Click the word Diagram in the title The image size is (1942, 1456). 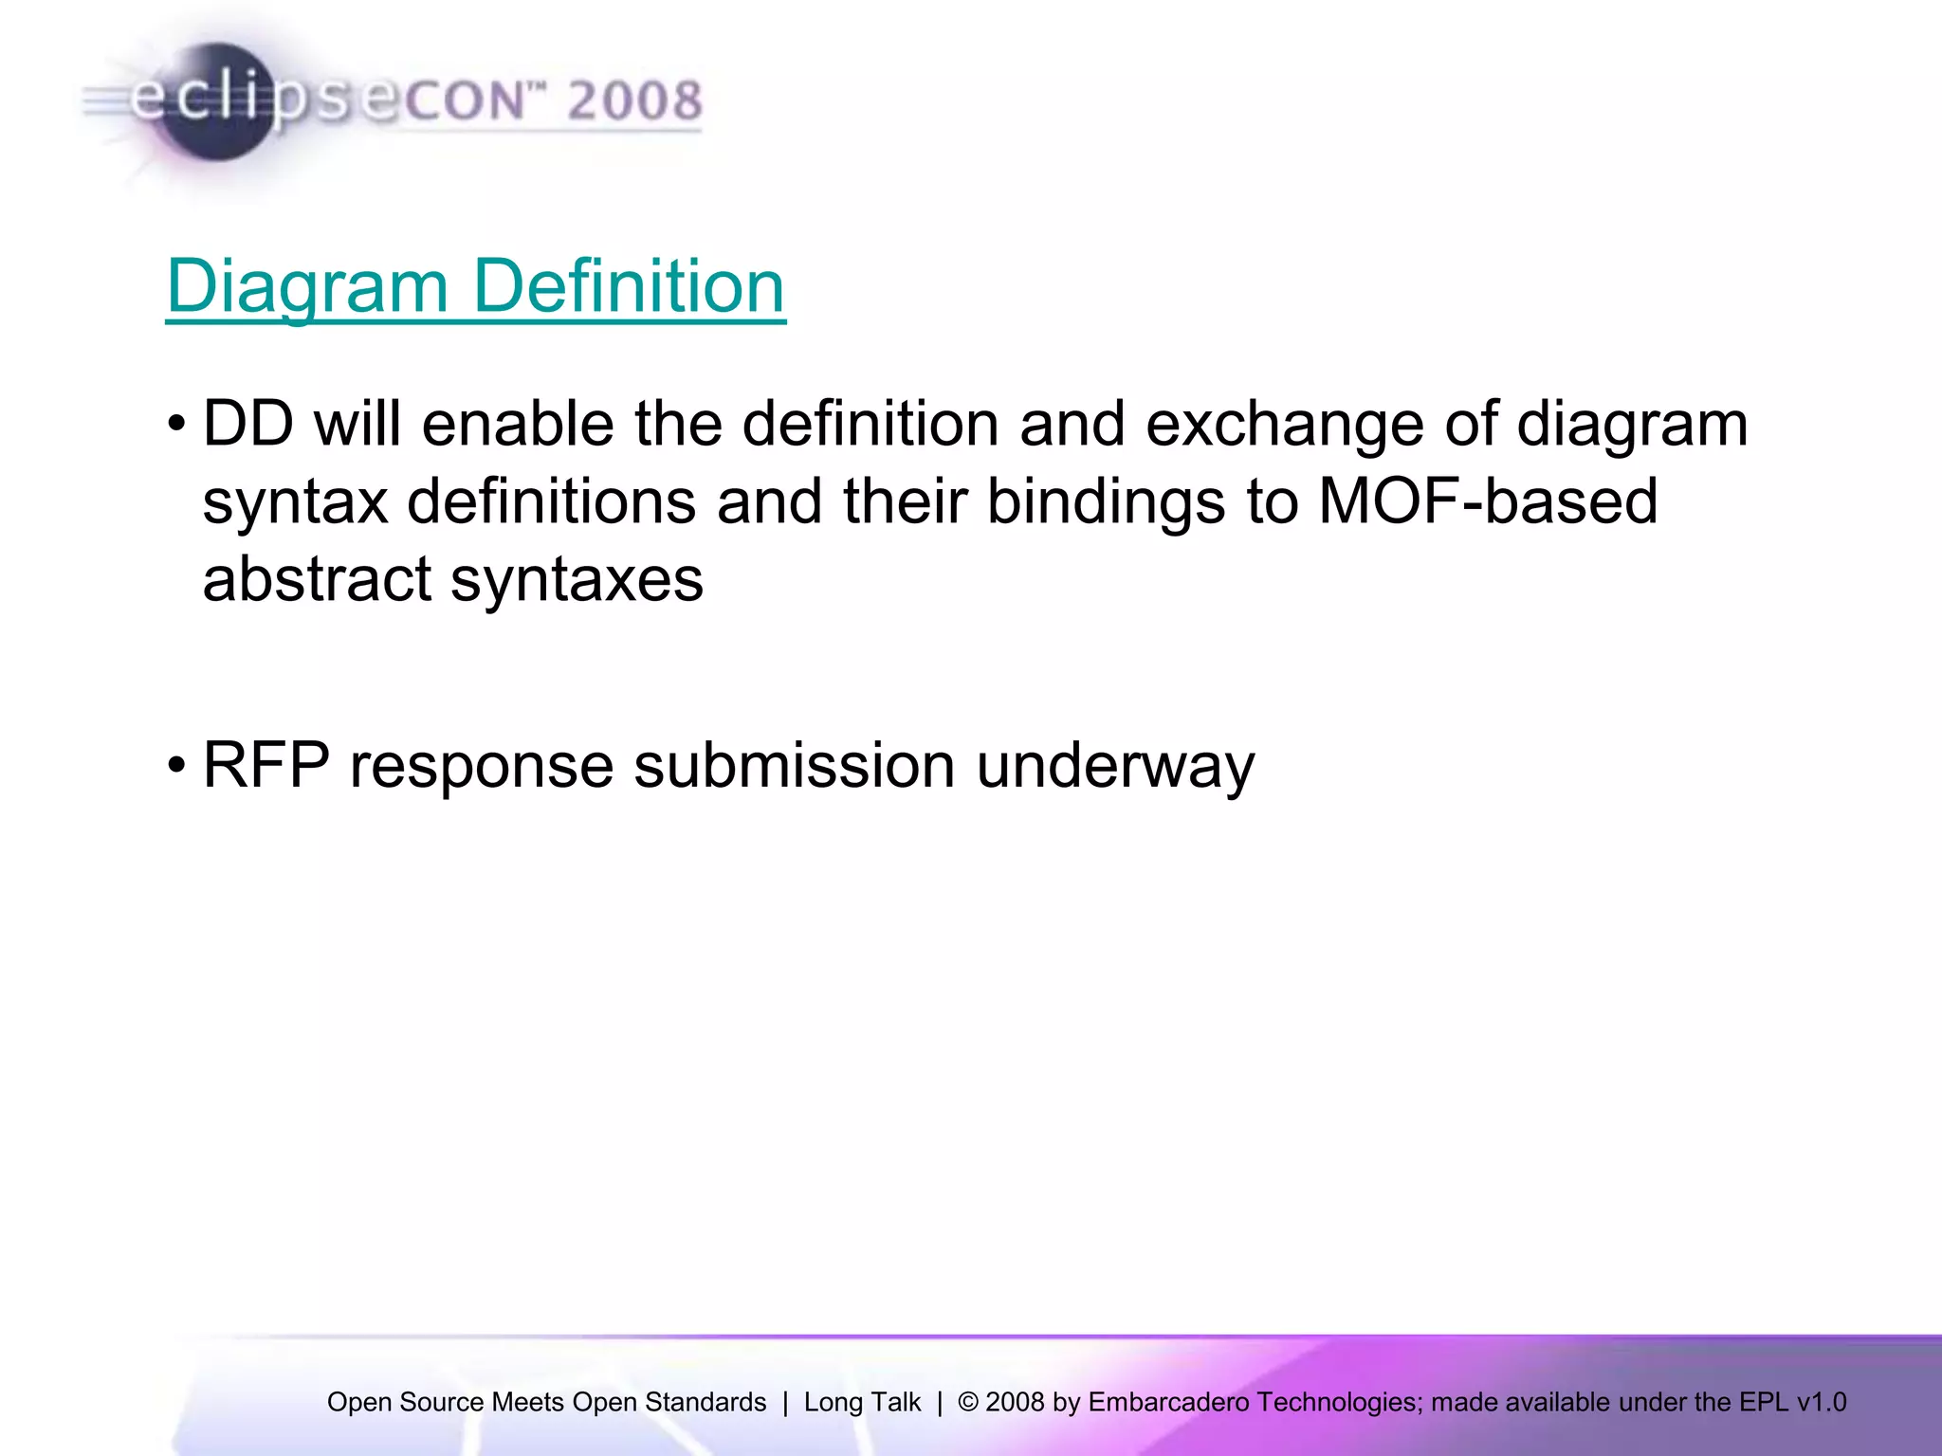307,286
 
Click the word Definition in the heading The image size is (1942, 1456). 629,286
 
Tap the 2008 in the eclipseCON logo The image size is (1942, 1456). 634,100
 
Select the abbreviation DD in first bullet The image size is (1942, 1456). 247,424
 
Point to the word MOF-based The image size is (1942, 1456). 1488,501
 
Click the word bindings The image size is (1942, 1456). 1106,501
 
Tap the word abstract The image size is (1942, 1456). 316,579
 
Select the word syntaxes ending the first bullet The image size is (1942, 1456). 577,579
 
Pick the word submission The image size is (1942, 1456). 794,765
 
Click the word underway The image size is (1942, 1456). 1115,765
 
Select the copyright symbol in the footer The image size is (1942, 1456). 968,1402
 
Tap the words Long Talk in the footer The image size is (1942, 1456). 862,1402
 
